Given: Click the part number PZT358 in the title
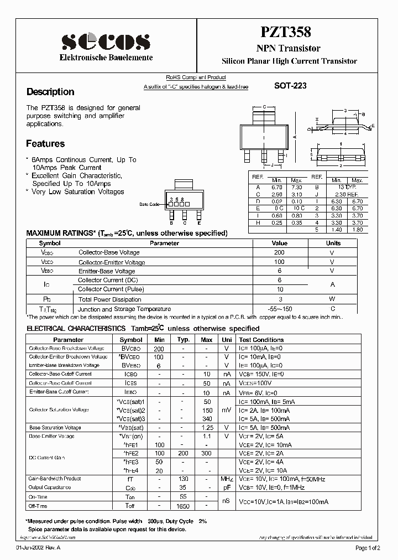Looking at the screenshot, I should click(x=289, y=33).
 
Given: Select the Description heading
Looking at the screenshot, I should click(x=50, y=92).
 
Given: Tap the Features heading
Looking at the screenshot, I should click(x=45, y=144).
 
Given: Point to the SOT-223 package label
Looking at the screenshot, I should click(x=290, y=86).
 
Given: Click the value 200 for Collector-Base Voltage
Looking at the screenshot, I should click(x=279, y=252).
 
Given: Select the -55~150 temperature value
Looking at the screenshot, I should click(x=279, y=309).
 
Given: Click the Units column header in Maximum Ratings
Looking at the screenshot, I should click(x=333, y=243).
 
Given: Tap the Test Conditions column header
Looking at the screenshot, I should click(x=261, y=340).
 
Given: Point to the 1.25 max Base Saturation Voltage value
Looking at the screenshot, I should click(x=207, y=428).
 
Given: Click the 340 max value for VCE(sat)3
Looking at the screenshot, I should click(x=207, y=419).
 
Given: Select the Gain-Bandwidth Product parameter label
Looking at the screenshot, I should click(x=55, y=479).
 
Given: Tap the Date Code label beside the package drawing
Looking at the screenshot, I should click(x=149, y=204).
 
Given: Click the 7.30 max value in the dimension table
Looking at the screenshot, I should click(x=296, y=187).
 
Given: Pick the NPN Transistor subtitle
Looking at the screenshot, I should click(x=289, y=49).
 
